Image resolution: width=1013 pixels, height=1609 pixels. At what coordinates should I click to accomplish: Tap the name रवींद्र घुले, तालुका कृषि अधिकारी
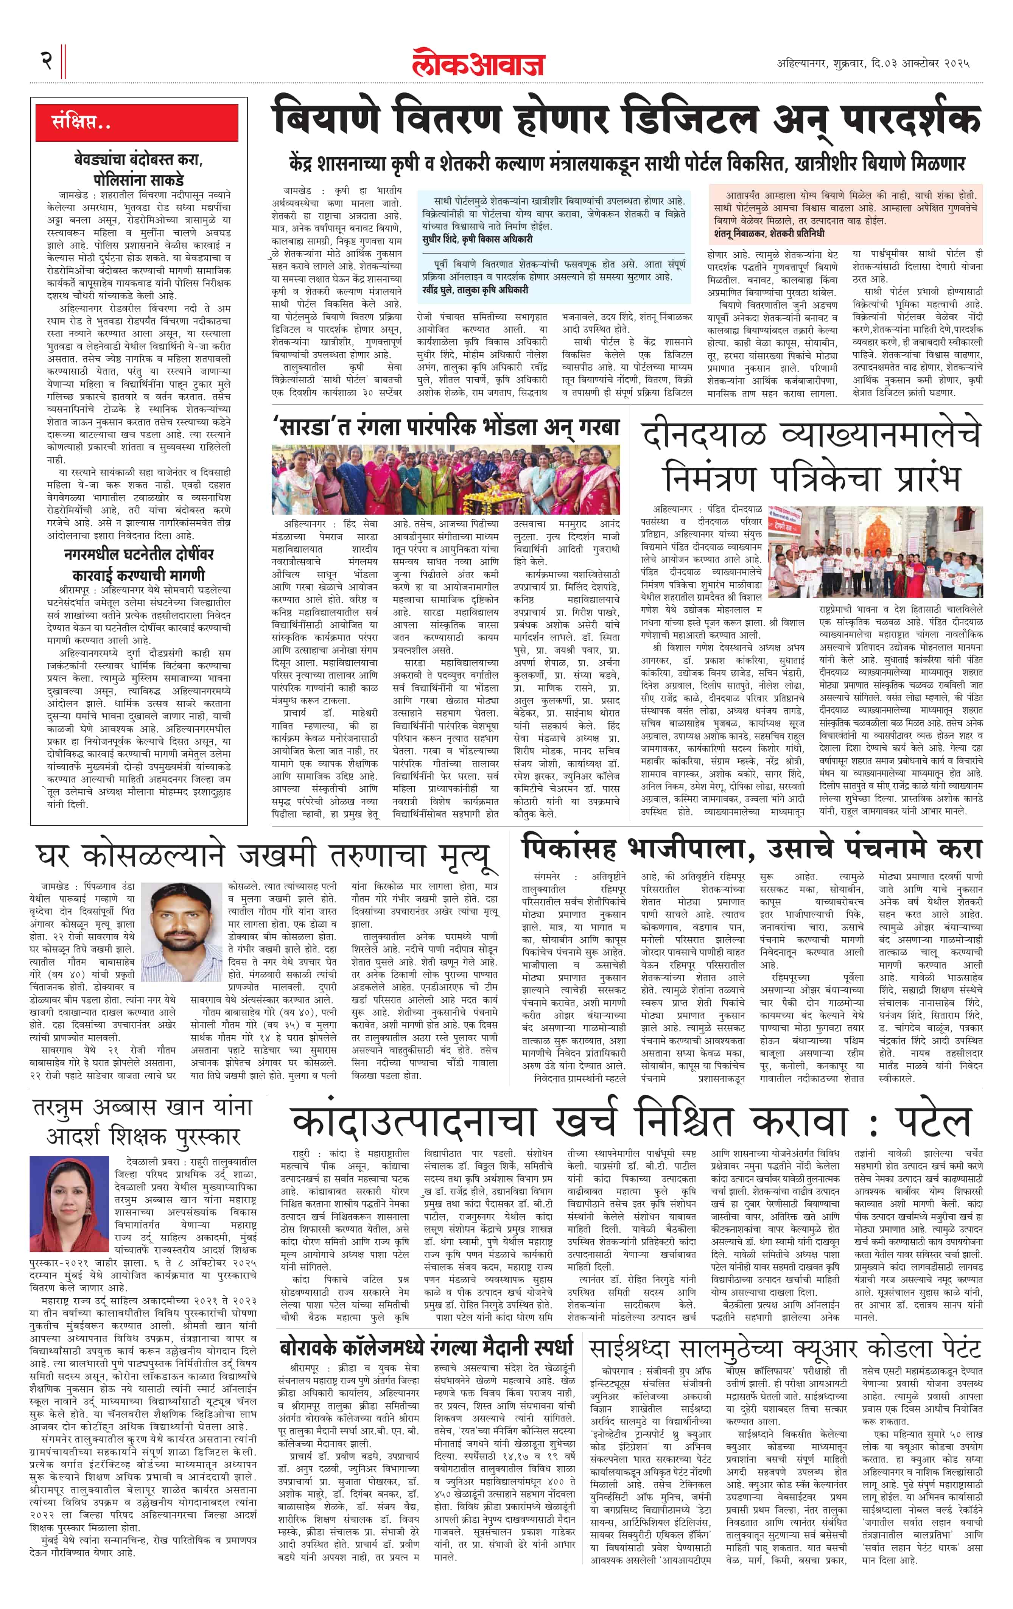coord(475,289)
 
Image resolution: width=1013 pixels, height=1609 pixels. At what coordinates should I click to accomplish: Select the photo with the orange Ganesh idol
coord(875,552)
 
